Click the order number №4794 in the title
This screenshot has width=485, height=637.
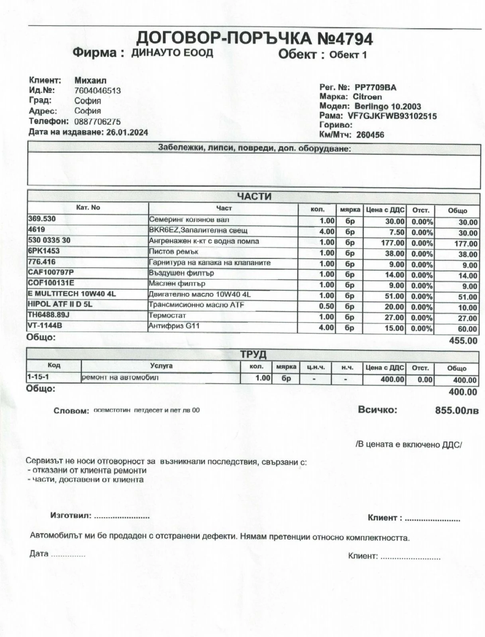click(x=345, y=39)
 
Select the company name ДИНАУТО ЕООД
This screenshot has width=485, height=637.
click(x=172, y=53)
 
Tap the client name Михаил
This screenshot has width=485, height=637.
click(x=90, y=80)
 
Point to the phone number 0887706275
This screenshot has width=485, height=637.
click(x=98, y=121)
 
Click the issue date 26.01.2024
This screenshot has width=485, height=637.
click(x=127, y=132)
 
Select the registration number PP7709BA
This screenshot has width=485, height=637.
click(x=375, y=88)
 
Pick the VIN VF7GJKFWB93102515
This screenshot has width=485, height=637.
click(x=392, y=116)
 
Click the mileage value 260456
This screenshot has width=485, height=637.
click(x=370, y=135)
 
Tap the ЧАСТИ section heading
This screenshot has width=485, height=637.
click(x=254, y=197)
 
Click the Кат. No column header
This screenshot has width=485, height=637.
click(x=88, y=208)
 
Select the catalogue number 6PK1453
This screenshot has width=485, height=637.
click(x=44, y=251)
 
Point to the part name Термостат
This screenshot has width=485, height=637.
click(x=167, y=316)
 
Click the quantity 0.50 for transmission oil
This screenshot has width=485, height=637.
click(x=327, y=307)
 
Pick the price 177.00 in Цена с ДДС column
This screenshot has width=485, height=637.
click(x=393, y=242)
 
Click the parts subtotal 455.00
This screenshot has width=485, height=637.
click(x=463, y=341)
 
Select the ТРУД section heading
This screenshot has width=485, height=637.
click(x=253, y=354)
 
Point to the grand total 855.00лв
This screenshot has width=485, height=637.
click(x=457, y=410)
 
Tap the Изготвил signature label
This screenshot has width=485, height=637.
click(x=71, y=516)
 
